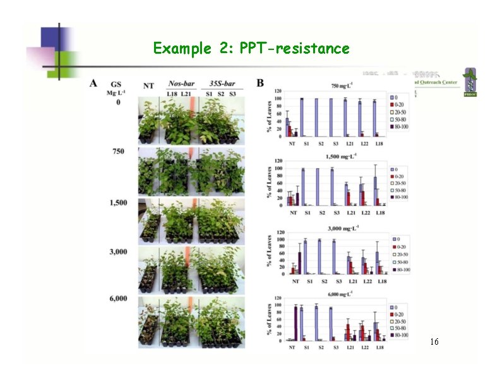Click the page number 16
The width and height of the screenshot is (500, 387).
pyautogui.click(x=434, y=342)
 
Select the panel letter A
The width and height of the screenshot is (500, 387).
pyautogui.click(x=93, y=83)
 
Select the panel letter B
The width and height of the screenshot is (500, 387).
pyautogui.click(x=261, y=83)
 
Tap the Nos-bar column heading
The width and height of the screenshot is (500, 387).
pyautogui.click(x=180, y=83)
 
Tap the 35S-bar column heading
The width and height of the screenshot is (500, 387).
pyautogui.click(x=222, y=83)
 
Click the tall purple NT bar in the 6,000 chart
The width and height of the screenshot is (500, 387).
pyautogui.click(x=295, y=323)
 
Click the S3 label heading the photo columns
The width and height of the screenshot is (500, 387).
pyautogui.click(x=233, y=94)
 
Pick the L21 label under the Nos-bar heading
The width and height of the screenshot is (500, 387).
pyautogui.click(x=186, y=94)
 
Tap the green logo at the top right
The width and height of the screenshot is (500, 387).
pyautogui.click(x=470, y=82)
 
